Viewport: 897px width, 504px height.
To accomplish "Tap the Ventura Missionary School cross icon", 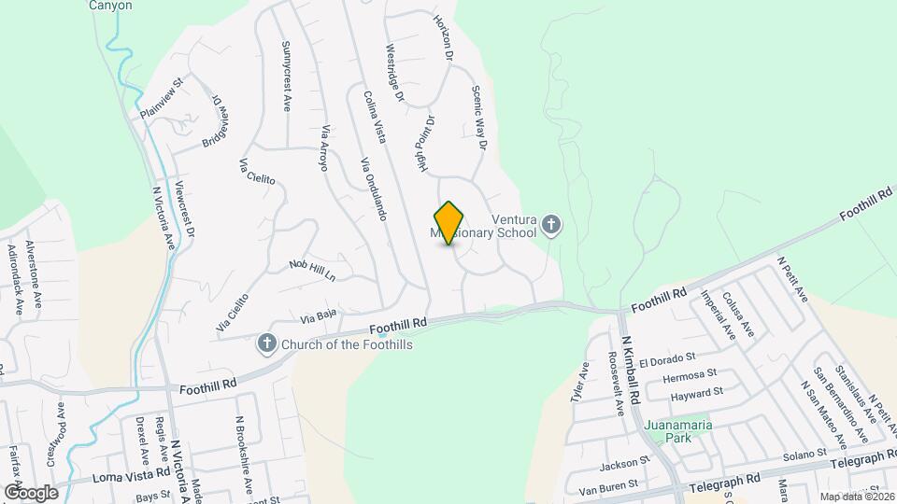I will tap(551, 225).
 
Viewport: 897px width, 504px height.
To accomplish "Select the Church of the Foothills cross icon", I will tap(267, 344).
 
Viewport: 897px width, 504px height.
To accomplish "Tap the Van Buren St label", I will tap(608, 485).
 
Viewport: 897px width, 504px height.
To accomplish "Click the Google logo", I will tap(31, 492).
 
